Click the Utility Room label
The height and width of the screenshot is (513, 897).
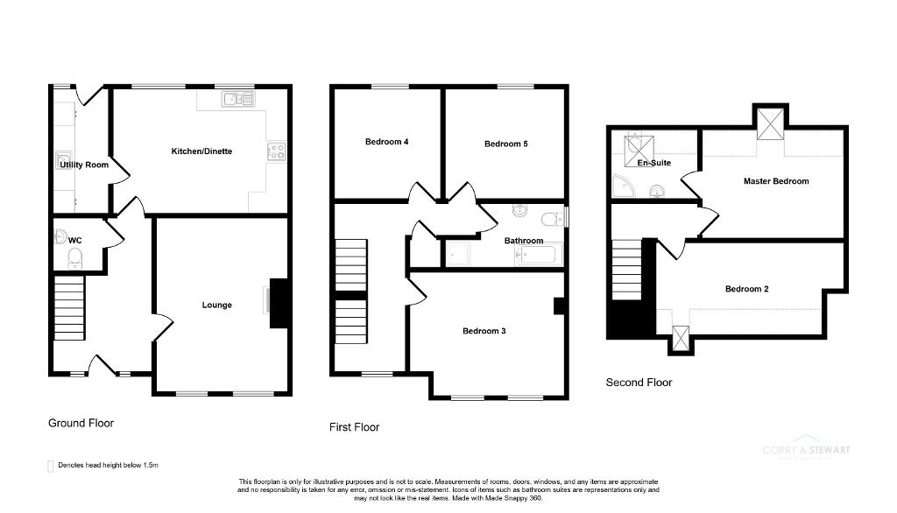[x=85, y=165]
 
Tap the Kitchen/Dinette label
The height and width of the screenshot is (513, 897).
[x=201, y=151]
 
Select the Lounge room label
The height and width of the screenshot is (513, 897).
[x=217, y=305]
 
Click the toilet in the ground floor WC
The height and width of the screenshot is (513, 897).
[x=75, y=256]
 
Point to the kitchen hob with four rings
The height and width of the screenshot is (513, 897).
[x=276, y=151]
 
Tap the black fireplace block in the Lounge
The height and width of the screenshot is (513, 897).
[x=279, y=303]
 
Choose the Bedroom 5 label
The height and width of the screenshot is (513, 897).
[x=505, y=144]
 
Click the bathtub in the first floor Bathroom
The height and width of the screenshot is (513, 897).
[x=539, y=255]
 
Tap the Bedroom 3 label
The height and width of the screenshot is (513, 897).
[x=484, y=331]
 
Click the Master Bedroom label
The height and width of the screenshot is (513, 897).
[x=776, y=181]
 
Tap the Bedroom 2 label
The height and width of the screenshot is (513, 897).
[x=746, y=288]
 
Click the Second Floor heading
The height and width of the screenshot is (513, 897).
[x=639, y=383]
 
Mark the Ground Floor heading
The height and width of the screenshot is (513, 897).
[x=81, y=423]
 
